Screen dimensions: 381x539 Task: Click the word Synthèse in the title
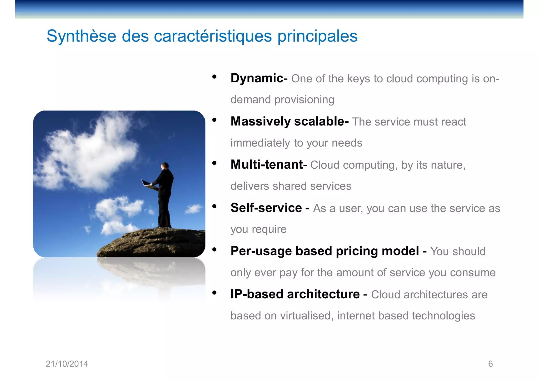(x=81, y=36)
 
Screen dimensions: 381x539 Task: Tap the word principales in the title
(x=317, y=36)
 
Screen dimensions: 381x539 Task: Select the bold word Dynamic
(x=257, y=78)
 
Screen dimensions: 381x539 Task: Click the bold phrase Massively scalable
(x=290, y=121)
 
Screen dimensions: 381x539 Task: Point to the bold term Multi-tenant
(x=267, y=164)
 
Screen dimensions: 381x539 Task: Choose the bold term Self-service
(x=266, y=208)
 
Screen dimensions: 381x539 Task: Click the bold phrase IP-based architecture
(x=295, y=294)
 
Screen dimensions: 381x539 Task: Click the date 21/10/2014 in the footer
(x=67, y=364)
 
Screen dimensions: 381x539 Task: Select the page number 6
(x=490, y=364)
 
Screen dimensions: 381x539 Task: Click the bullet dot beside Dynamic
(x=214, y=77)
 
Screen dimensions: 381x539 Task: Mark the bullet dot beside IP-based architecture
(x=214, y=293)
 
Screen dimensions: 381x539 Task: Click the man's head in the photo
(x=165, y=166)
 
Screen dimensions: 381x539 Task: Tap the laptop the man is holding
(x=147, y=184)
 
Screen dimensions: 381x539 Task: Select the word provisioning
(x=304, y=100)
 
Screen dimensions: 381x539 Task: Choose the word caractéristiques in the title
(x=213, y=36)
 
